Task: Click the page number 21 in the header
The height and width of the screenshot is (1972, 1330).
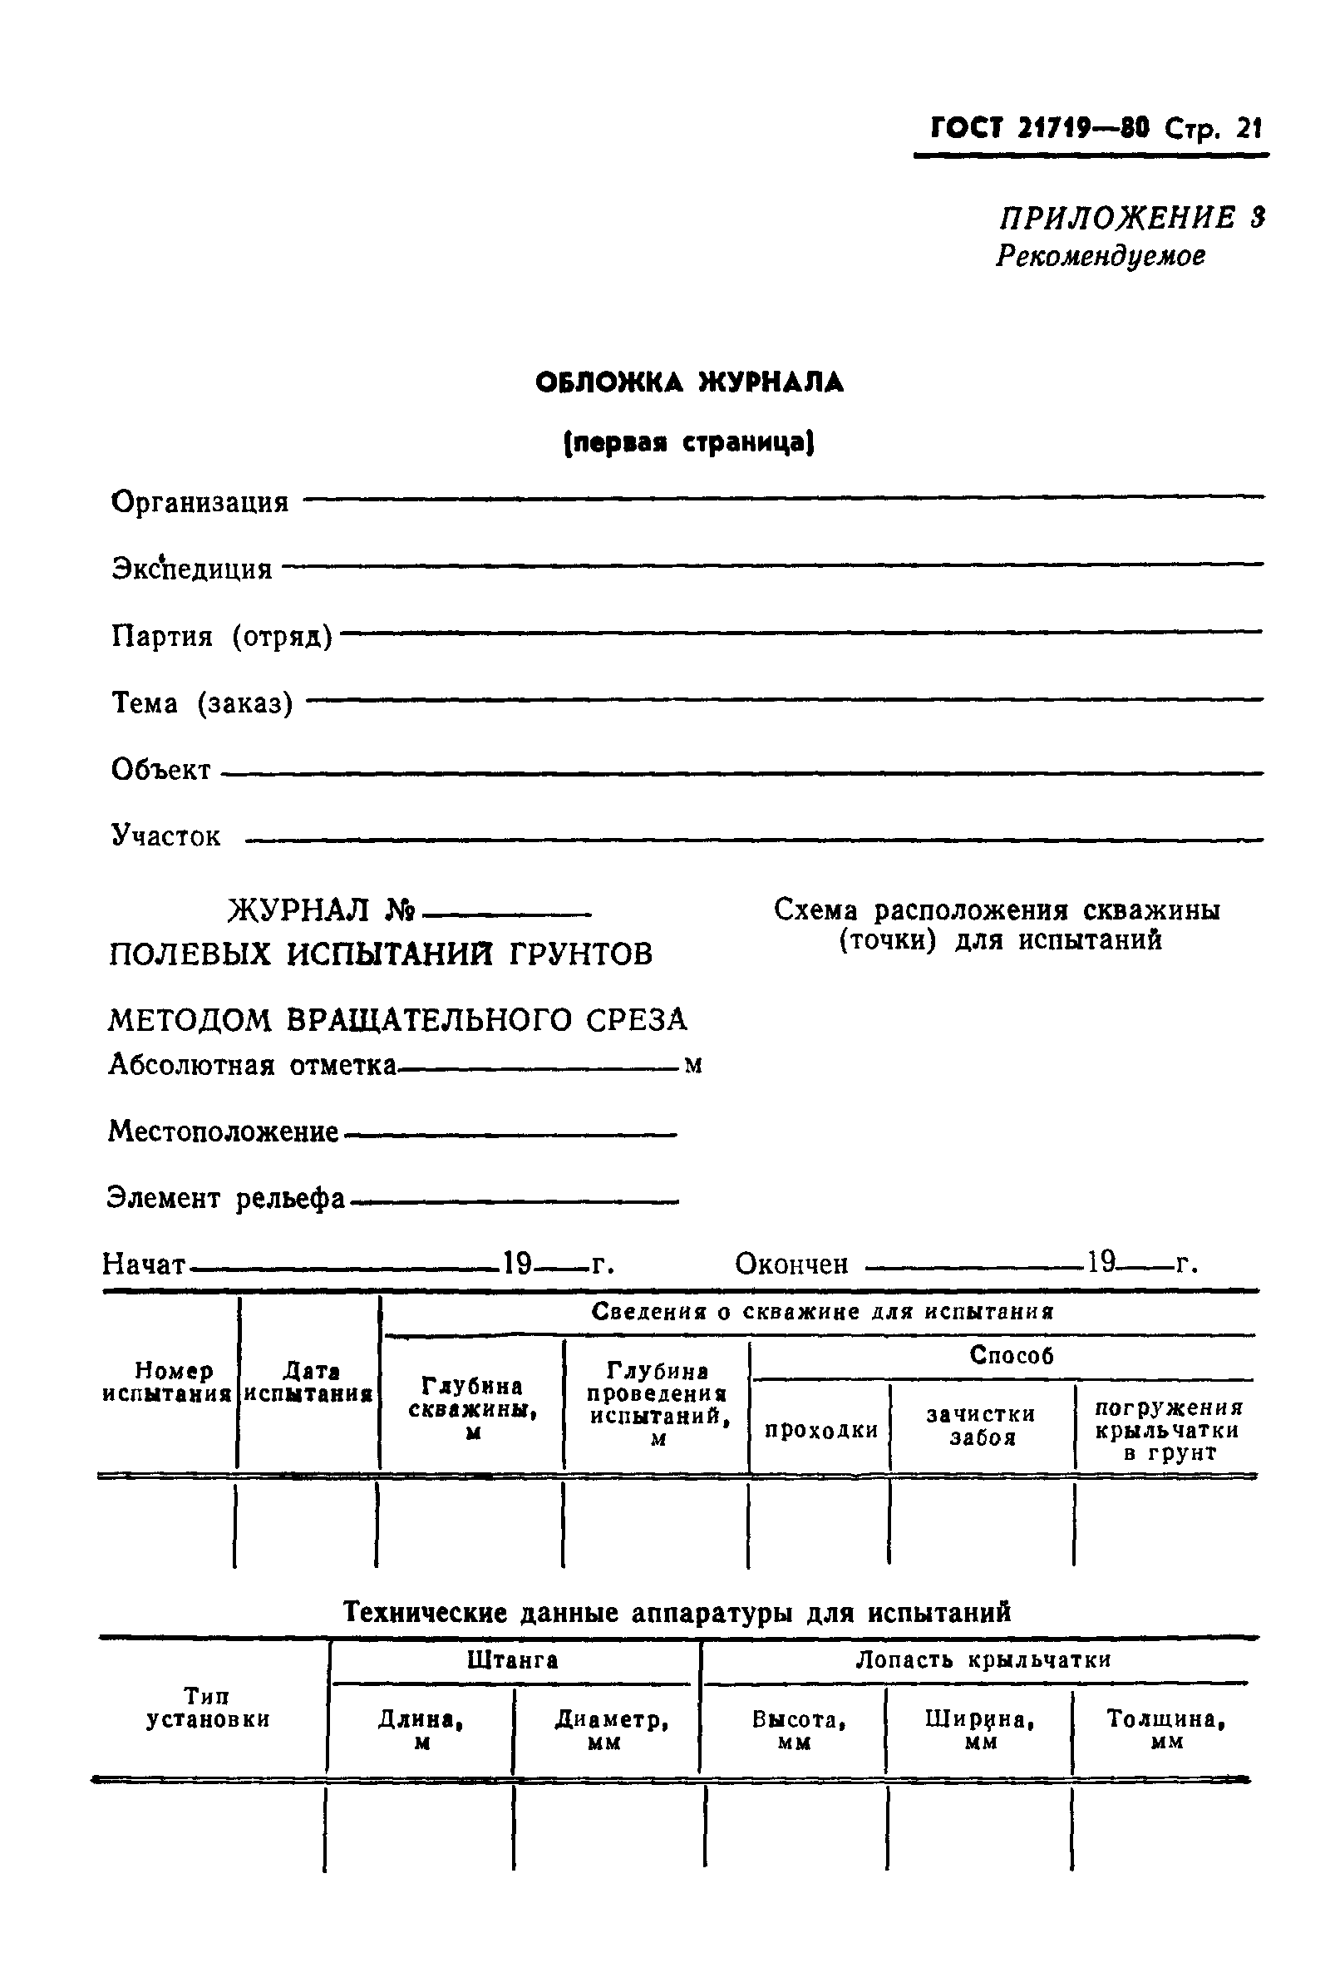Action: [x=1249, y=129]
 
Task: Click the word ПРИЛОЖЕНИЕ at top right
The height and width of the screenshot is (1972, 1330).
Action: [x=1117, y=219]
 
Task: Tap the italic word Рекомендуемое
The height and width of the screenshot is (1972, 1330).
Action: [x=1100, y=256]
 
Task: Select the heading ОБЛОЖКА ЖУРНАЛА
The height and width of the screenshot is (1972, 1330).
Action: [x=690, y=383]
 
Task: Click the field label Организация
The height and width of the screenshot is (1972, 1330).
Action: [x=200, y=502]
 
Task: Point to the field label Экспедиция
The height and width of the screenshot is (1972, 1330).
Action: [x=193, y=569]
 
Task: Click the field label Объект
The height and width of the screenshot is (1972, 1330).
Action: [x=161, y=770]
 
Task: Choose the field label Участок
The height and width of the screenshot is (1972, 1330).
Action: [x=166, y=837]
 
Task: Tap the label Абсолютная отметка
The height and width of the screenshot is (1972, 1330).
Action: [x=252, y=1065]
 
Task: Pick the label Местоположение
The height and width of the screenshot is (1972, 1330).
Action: [x=223, y=1131]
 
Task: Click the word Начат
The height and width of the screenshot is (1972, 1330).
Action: [x=143, y=1265]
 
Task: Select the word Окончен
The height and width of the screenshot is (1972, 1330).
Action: [x=791, y=1265]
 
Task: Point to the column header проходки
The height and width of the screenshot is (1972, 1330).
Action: [x=820, y=1431]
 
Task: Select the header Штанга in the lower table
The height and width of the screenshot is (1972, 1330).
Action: [x=512, y=1660]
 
